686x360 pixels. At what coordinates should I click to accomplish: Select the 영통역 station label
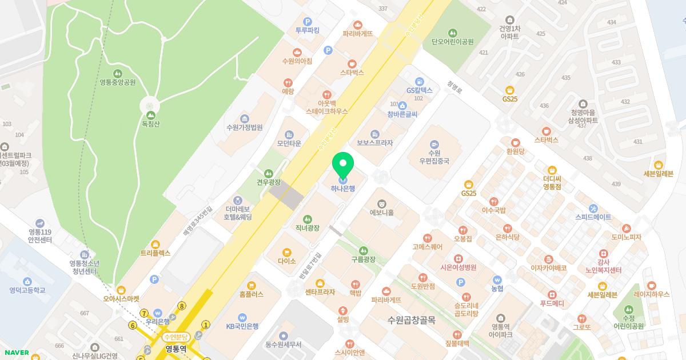(176, 348)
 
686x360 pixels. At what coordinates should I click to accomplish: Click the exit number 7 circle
(144, 313)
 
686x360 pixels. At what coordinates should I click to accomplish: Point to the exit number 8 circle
(182, 306)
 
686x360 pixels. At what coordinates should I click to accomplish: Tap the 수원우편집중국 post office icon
(434, 144)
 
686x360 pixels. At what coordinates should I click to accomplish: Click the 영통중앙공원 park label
(117, 82)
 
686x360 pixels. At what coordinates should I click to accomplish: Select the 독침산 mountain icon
(151, 106)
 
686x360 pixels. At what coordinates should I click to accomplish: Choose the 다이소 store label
(286, 261)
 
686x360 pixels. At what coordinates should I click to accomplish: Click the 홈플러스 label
(252, 294)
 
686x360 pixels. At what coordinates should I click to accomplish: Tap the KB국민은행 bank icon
(242, 317)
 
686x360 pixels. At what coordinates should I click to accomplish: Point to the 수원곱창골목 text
(411, 320)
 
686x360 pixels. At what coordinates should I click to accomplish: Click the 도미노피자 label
(626, 237)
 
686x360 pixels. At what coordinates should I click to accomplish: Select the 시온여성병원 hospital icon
(458, 258)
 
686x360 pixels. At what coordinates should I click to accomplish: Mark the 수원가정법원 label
(244, 127)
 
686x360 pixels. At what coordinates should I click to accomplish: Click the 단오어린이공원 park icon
(453, 33)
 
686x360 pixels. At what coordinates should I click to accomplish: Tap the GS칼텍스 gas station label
(420, 90)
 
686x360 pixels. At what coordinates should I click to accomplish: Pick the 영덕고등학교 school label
(27, 290)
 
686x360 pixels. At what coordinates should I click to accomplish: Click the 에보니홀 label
(382, 213)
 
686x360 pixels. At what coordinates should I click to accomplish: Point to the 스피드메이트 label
(593, 217)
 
